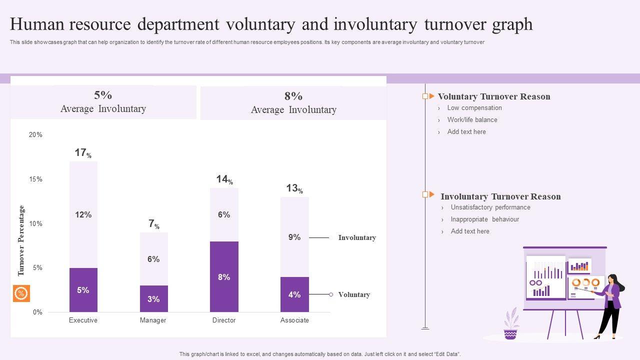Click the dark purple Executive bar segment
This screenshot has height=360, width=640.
[x=83, y=290]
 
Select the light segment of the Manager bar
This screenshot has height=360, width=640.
[x=153, y=259]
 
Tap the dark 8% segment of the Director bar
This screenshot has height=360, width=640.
[x=224, y=276]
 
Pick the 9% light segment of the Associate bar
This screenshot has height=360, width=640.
[x=294, y=237]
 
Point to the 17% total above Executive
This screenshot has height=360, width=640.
[x=83, y=153]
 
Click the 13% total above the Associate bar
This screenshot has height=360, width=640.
[x=294, y=188]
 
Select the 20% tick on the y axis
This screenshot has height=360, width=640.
[x=35, y=134]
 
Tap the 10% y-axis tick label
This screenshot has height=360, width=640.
[x=35, y=223]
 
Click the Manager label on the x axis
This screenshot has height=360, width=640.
[x=153, y=320]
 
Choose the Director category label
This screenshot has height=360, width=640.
[x=224, y=320]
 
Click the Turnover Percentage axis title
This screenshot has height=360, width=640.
[x=21, y=240]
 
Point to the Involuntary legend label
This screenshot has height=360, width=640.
[x=357, y=237]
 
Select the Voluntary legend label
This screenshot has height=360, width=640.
[x=354, y=294]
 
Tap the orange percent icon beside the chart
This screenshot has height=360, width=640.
[x=21, y=293]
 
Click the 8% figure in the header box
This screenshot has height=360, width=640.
[x=293, y=96]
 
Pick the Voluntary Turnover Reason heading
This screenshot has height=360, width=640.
[x=494, y=96]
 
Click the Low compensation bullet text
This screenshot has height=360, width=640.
[x=474, y=107]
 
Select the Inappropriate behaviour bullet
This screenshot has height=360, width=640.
[x=485, y=219]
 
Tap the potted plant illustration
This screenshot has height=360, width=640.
[x=511, y=325]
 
